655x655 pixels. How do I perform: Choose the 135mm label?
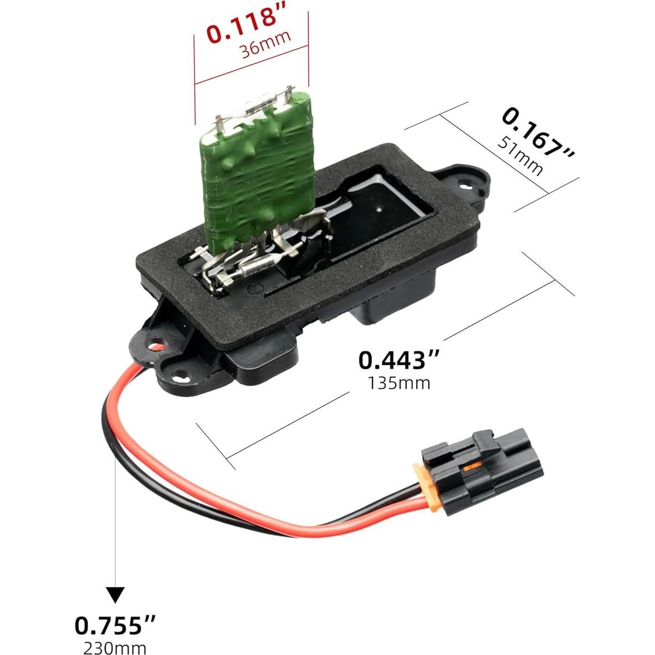(x=399, y=383)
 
